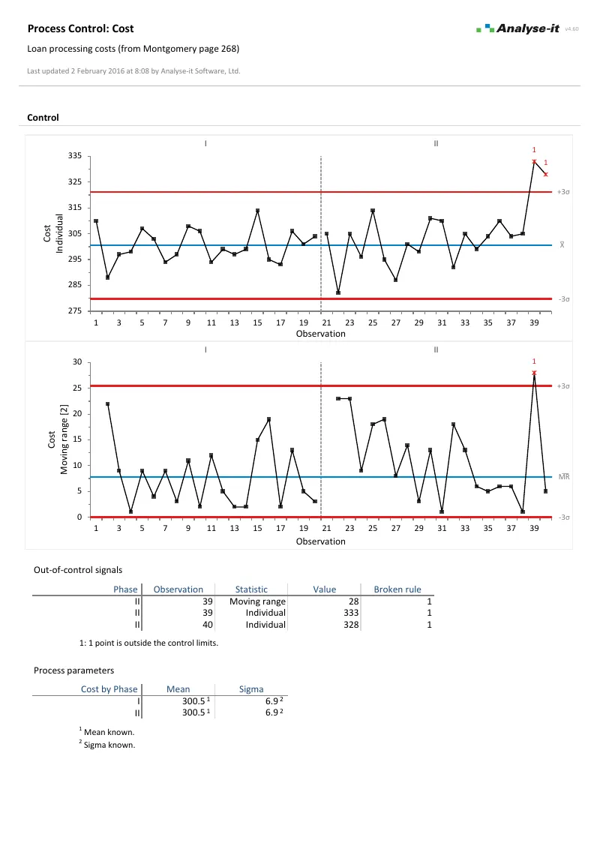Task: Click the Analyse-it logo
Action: pyautogui.click(x=517, y=28)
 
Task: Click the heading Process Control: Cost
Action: pyautogui.click(x=80, y=28)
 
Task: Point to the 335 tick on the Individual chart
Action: pyautogui.click(x=75, y=156)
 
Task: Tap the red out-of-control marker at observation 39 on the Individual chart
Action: pyautogui.click(x=534, y=161)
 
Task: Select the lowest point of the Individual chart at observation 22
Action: pyautogui.click(x=338, y=292)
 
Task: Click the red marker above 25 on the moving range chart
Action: pyautogui.click(x=534, y=373)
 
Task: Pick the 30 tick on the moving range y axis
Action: pyautogui.click(x=76, y=362)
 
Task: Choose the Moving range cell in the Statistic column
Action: pyautogui.click(x=257, y=601)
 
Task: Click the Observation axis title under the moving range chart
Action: pyautogui.click(x=320, y=541)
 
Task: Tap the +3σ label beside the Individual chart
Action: pyautogui.click(x=564, y=193)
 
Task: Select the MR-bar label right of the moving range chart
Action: pyautogui.click(x=565, y=476)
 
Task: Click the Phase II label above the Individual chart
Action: pyautogui.click(x=436, y=142)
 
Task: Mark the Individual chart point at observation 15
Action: pyautogui.click(x=257, y=211)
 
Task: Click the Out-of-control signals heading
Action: pyautogui.click(x=78, y=570)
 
